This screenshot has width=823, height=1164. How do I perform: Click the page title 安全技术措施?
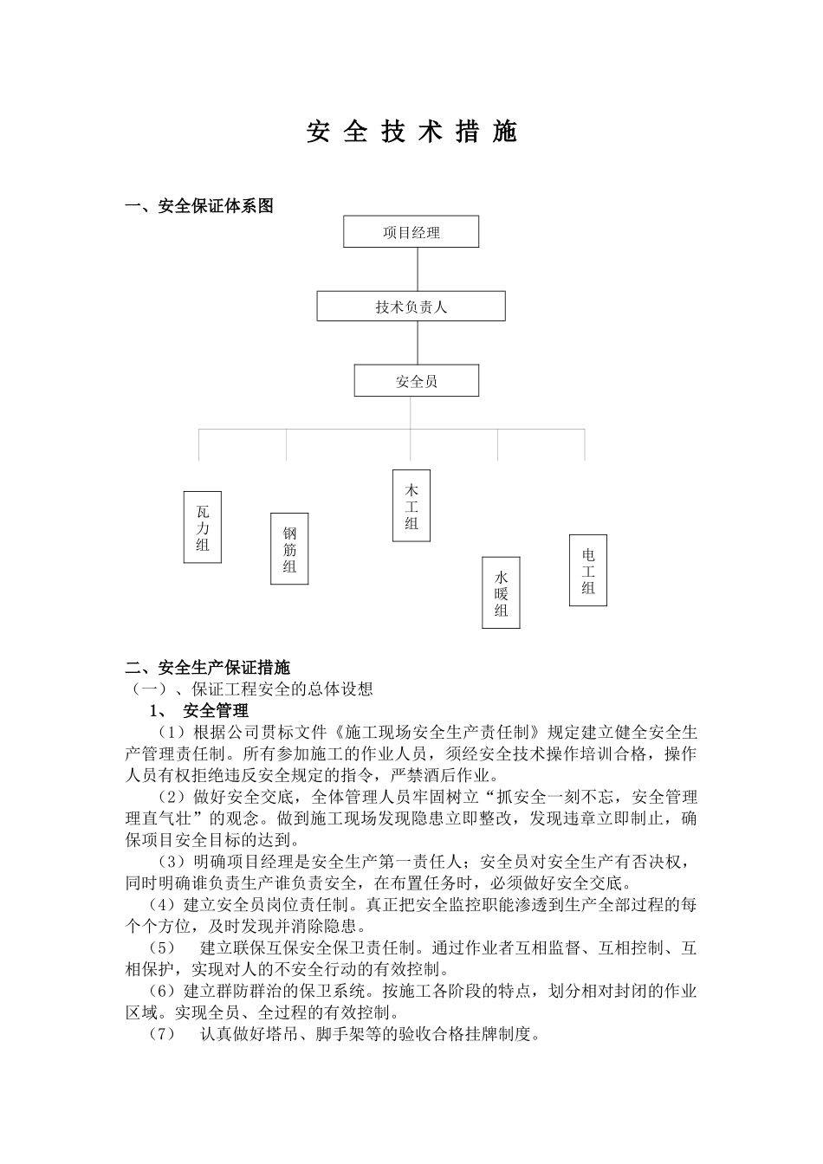pos(411,133)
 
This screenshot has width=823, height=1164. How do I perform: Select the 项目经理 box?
pos(411,232)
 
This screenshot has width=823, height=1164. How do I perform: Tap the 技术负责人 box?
pos(411,307)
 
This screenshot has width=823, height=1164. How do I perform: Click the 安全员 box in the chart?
pos(417,381)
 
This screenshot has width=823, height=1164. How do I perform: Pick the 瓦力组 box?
pos(203,527)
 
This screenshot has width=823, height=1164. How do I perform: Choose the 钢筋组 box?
pos(289,549)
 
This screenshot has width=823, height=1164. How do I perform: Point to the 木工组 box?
pos(411,506)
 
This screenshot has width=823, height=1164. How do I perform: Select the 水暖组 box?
pos(501,592)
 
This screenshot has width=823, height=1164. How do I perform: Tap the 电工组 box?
pos(588,571)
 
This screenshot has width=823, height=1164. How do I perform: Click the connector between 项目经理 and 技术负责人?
pos(418,269)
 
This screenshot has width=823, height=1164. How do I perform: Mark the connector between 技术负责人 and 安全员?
pos(418,343)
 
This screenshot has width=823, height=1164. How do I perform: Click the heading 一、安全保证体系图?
pos(200,206)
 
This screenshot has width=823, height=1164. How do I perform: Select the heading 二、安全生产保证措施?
pos(208,668)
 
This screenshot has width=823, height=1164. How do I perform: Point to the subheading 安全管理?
pos(216,711)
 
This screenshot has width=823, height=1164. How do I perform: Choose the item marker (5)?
pos(163,948)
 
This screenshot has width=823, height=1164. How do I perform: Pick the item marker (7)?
pos(163,1034)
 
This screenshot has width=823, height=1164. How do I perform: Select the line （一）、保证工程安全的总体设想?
pos(250,689)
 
